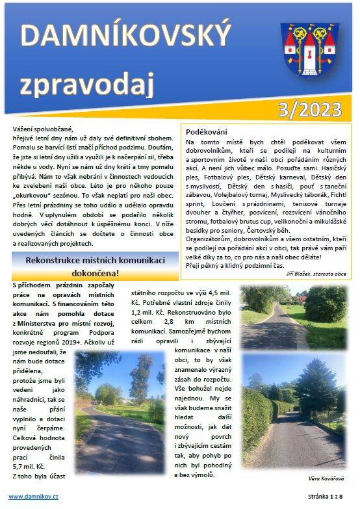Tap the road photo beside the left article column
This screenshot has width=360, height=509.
[120, 394]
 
